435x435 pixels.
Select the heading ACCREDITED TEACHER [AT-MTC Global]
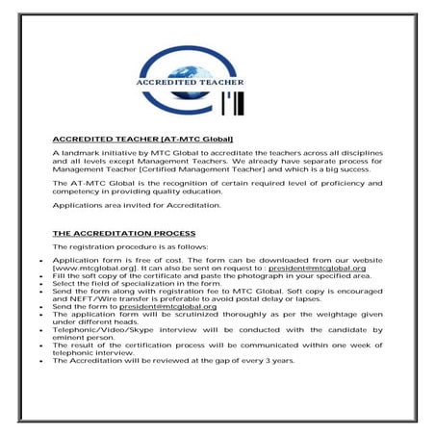142,140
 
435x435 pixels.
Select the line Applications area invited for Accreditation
137,205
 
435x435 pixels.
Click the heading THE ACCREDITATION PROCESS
123,234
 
